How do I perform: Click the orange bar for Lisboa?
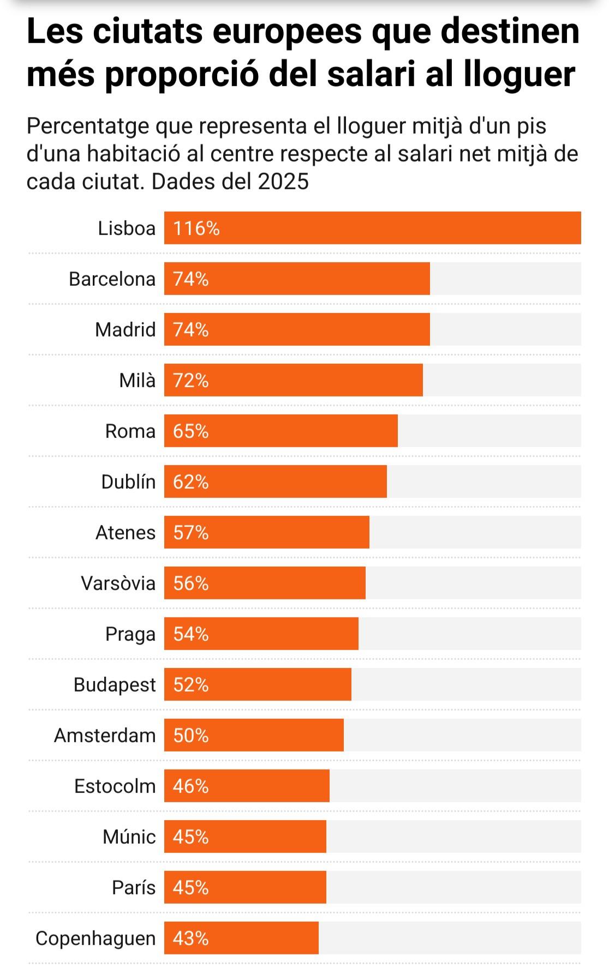point(372,228)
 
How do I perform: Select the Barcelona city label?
point(112,279)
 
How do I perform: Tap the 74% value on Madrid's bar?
point(191,330)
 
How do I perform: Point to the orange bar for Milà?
point(293,380)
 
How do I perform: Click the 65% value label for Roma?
point(191,431)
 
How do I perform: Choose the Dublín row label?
point(128,482)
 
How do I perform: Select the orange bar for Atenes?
point(266,532)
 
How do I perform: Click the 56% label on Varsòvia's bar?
point(191,584)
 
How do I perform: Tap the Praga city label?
point(130,634)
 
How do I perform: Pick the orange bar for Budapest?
point(258,684)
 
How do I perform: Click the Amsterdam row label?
point(105,736)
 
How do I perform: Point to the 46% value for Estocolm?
point(191,786)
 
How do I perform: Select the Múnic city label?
point(129,837)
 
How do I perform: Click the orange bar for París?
point(245,887)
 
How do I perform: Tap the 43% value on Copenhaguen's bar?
point(191,939)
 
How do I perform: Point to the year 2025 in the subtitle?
point(283,182)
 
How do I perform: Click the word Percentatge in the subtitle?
point(88,127)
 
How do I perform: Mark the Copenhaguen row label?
point(95,939)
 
